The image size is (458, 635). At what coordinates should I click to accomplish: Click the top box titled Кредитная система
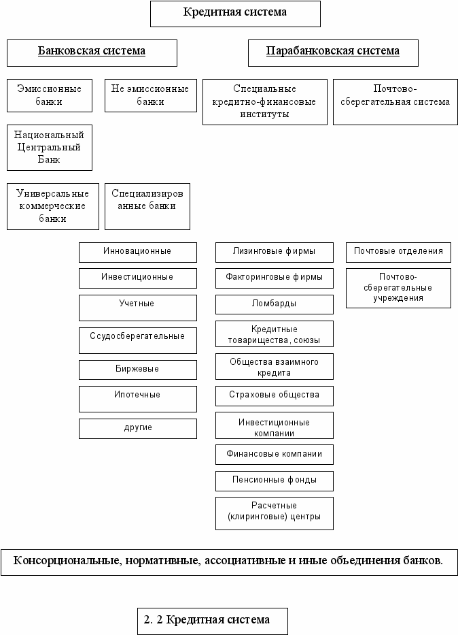coord(235,14)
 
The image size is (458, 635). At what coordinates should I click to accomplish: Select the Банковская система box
coord(92,53)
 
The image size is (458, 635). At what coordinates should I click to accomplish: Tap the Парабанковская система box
coord(333,53)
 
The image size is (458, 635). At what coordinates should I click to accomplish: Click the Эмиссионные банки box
coord(50,95)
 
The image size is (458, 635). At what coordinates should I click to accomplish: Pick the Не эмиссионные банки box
coord(151,95)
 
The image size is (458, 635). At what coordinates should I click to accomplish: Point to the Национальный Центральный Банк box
coord(50,148)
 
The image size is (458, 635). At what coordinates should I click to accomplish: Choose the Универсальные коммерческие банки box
coord(52,206)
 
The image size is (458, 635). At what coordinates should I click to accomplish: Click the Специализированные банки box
coord(147,206)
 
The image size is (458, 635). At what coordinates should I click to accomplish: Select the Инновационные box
coord(138,253)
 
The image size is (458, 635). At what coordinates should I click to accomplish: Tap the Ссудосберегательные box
coord(138,340)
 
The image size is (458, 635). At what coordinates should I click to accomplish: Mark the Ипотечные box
coord(138,399)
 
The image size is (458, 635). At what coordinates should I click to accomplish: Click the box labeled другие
coord(138,429)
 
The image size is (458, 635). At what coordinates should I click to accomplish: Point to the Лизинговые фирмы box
coord(275,253)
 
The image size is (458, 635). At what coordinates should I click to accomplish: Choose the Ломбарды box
coord(275,304)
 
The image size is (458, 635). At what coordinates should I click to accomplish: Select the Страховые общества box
coord(275,396)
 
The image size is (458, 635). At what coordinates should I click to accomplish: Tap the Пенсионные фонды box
coord(275,481)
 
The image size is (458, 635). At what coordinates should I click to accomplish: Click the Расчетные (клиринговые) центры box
coord(275,513)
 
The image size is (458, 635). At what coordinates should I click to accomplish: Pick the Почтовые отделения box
coord(398,253)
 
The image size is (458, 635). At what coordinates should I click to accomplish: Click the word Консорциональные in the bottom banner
coord(67,561)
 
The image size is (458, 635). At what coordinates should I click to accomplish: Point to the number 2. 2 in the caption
coord(153,619)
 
